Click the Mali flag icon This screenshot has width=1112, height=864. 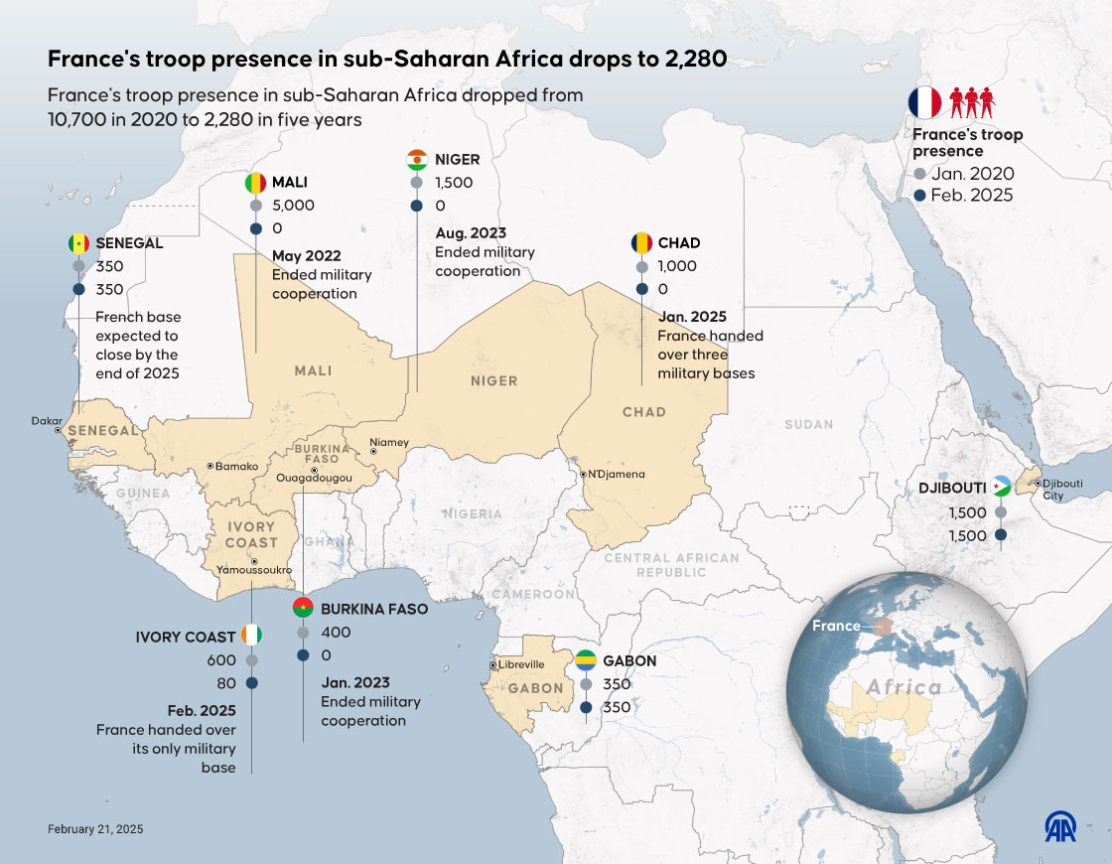pyautogui.click(x=256, y=184)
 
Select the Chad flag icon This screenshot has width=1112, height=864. pyautogui.click(x=641, y=243)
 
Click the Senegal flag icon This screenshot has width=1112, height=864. pyautogui.click(x=79, y=243)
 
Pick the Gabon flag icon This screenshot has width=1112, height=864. pyautogui.click(x=587, y=661)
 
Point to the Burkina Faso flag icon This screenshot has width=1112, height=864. pyautogui.click(x=303, y=609)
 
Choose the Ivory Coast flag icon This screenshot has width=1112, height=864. pyautogui.click(x=252, y=637)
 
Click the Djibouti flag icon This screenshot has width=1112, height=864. pyautogui.click(x=1001, y=488)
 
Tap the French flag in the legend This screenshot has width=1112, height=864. pyautogui.click(x=924, y=102)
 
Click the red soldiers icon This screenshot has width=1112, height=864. pyautogui.click(x=971, y=102)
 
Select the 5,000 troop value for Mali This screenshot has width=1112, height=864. pyautogui.click(x=293, y=206)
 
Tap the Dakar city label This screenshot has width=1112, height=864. pyautogui.click(x=47, y=421)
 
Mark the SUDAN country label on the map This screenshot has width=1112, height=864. pyautogui.click(x=808, y=424)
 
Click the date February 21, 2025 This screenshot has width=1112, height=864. pyautogui.click(x=95, y=828)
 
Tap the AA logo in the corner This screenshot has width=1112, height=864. pyautogui.click(x=1059, y=826)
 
